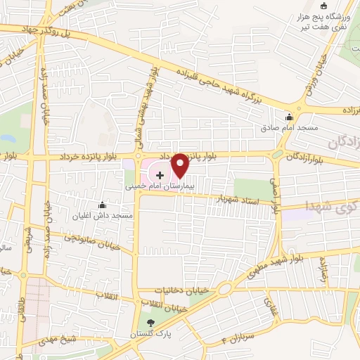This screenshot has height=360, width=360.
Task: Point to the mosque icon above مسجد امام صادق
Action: tap(288, 117)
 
